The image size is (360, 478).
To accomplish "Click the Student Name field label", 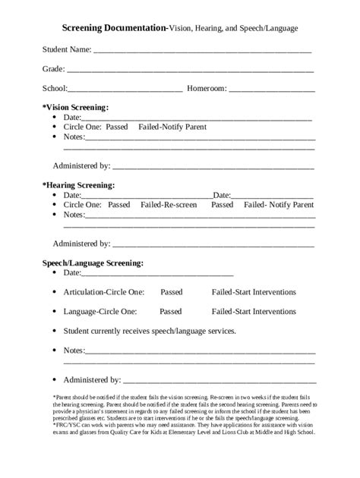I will coord(66,49).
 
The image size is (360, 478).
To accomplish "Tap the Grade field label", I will coord(53,68).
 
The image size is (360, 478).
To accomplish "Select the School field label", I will coord(55,88).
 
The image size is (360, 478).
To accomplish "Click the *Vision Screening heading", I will coord(75,107).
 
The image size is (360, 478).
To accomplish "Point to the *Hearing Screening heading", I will coord(78,184).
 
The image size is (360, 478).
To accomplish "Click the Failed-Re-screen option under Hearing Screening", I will coord(169,204).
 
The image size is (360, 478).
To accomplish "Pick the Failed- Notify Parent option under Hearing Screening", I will coord(278,204).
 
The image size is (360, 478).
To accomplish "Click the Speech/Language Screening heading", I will coord(93,263).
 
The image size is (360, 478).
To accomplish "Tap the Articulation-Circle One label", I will coord(100,291).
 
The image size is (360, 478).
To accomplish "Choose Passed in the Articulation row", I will coord(171,291).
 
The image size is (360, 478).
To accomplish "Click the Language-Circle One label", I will coord(100,311).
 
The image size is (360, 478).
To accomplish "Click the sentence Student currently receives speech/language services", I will coord(150,331).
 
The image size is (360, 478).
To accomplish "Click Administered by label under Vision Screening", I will coord(81,165).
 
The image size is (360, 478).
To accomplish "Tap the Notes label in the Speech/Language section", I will coord(74,351).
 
